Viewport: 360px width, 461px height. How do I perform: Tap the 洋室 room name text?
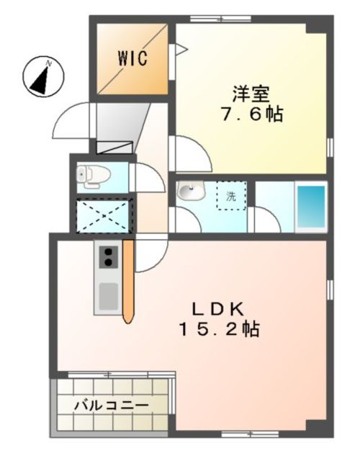click(x=251, y=94)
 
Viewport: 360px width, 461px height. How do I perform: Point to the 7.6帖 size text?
click(x=252, y=114)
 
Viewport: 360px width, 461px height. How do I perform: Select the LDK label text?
click(x=217, y=309)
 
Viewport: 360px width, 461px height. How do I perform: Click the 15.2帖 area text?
click(x=220, y=329)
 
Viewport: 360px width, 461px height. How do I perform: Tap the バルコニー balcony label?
click(x=111, y=406)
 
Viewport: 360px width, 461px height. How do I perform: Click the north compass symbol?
click(x=43, y=76)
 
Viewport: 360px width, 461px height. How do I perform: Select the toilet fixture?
click(x=93, y=176)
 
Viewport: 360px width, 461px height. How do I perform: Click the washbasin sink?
click(x=191, y=190)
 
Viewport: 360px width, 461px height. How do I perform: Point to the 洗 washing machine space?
click(x=231, y=196)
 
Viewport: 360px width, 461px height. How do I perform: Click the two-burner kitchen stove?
click(x=108, y=257)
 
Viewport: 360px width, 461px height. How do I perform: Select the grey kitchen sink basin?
click(x=108, y=296)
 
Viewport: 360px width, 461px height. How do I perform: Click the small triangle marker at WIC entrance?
click(x=181, y=50)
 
